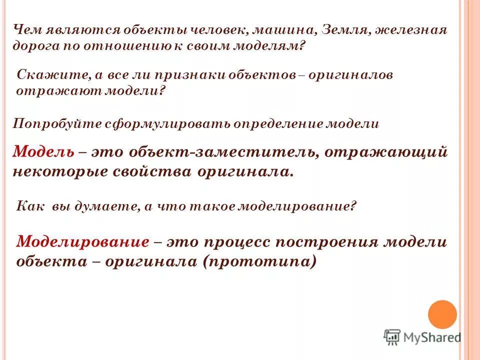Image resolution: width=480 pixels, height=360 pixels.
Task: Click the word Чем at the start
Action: click(26, 30)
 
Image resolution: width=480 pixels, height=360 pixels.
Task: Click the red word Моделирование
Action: click(83, 242)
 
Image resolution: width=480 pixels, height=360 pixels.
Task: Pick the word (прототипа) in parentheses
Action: click(259, 261)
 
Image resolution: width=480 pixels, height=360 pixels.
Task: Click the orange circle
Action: click(442, 314)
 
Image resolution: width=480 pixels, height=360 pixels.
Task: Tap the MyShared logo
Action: click(422, 337)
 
